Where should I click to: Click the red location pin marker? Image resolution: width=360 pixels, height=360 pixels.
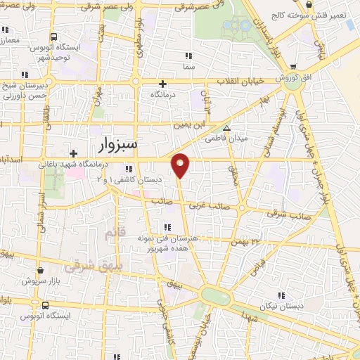click(181, 165)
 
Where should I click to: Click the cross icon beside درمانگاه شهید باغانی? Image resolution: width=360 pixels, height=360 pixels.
click(72, 153)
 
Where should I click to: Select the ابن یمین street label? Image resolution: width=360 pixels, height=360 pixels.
click(191, 124)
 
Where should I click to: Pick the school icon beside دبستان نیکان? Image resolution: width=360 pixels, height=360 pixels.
click(281, 296)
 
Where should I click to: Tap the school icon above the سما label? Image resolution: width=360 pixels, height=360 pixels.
click(188, 56)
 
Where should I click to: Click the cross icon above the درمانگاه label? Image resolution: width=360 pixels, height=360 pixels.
click(163, 82)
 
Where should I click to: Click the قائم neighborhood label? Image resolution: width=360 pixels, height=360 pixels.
click(111, 231)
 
